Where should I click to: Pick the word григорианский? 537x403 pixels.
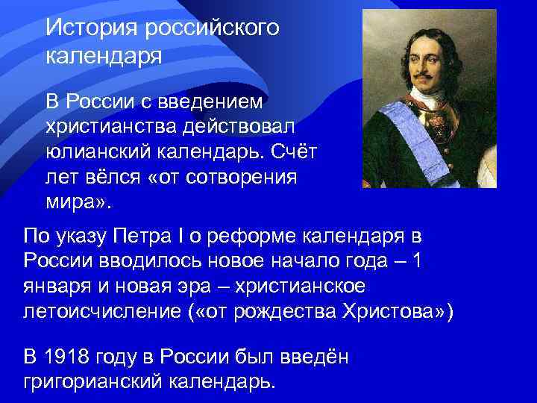click(95, 381)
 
